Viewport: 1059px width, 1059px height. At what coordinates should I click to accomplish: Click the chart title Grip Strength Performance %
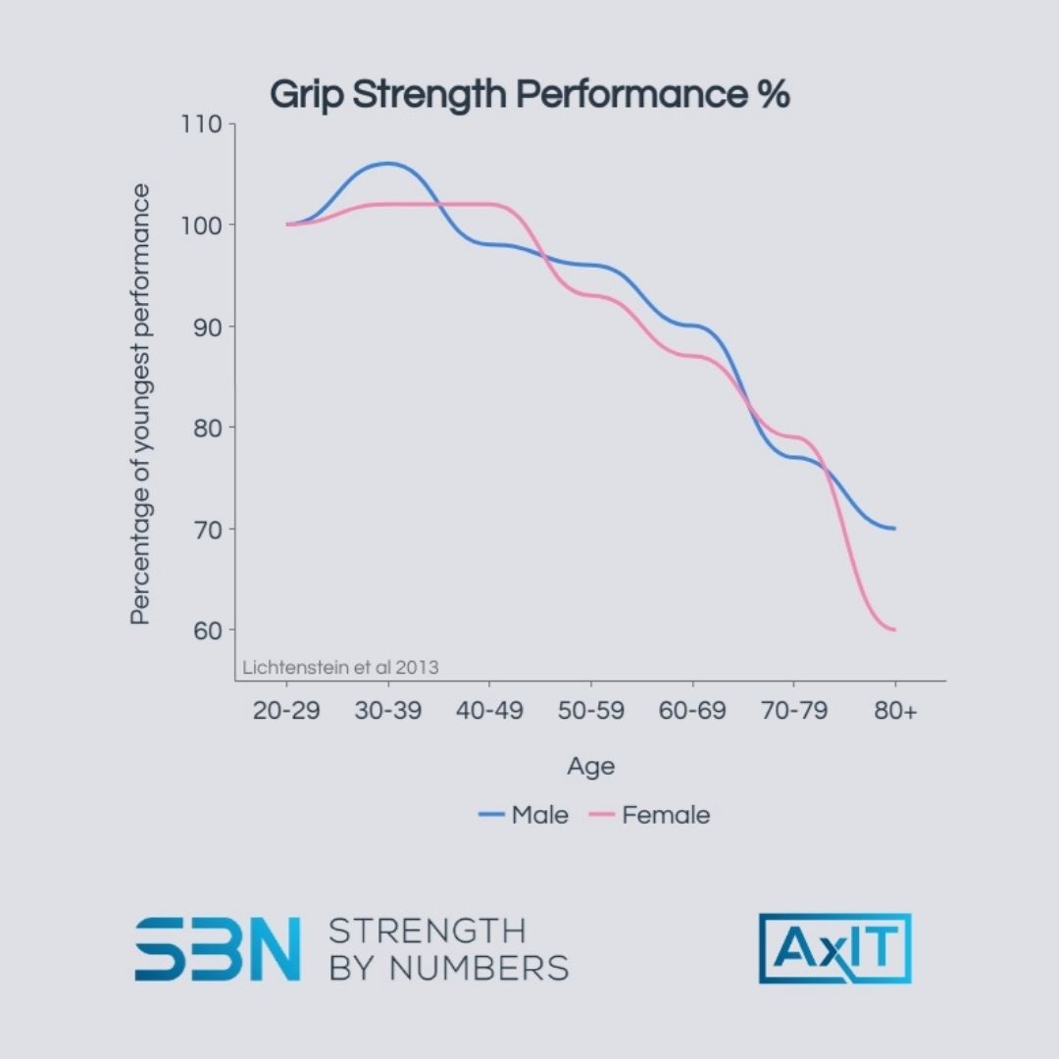pyautogui.click(x=529, y=95)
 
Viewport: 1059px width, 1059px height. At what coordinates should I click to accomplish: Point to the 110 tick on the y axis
pyautogui.click(x=203, y=125)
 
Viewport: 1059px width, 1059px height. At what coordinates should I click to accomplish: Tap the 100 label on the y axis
pyautogui.click(x=203, y=226)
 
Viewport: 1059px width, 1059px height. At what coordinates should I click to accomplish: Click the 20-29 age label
pyautogui.click(x=286, y=711)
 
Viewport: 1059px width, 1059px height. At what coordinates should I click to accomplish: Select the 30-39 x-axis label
pyautogui.click(x=388, y=711)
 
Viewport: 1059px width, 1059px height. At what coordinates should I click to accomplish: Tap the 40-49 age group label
pyautogui.click(x=489, y=711)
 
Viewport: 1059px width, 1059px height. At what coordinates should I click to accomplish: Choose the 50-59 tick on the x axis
pyautogui.click(x=591, y=711)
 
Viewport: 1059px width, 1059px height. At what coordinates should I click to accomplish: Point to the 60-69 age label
pyautogui.click(x=692, y=711)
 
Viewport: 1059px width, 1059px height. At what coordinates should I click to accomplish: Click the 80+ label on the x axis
pyautogui.click(x=895, y=711)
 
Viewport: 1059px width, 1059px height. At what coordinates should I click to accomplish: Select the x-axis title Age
pyautogui.click(x=591, y=767)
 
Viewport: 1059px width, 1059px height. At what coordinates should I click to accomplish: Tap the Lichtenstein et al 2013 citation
pyautogui.click(x=340, y=667)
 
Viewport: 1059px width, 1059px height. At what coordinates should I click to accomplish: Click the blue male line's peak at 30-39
pyautogui.click(x=388, y=164)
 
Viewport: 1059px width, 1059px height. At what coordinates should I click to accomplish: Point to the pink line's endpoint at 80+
pyautogui.click(x=894, y=630)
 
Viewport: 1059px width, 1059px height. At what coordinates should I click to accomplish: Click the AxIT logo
pyautogui.click(x=834, y=948)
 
